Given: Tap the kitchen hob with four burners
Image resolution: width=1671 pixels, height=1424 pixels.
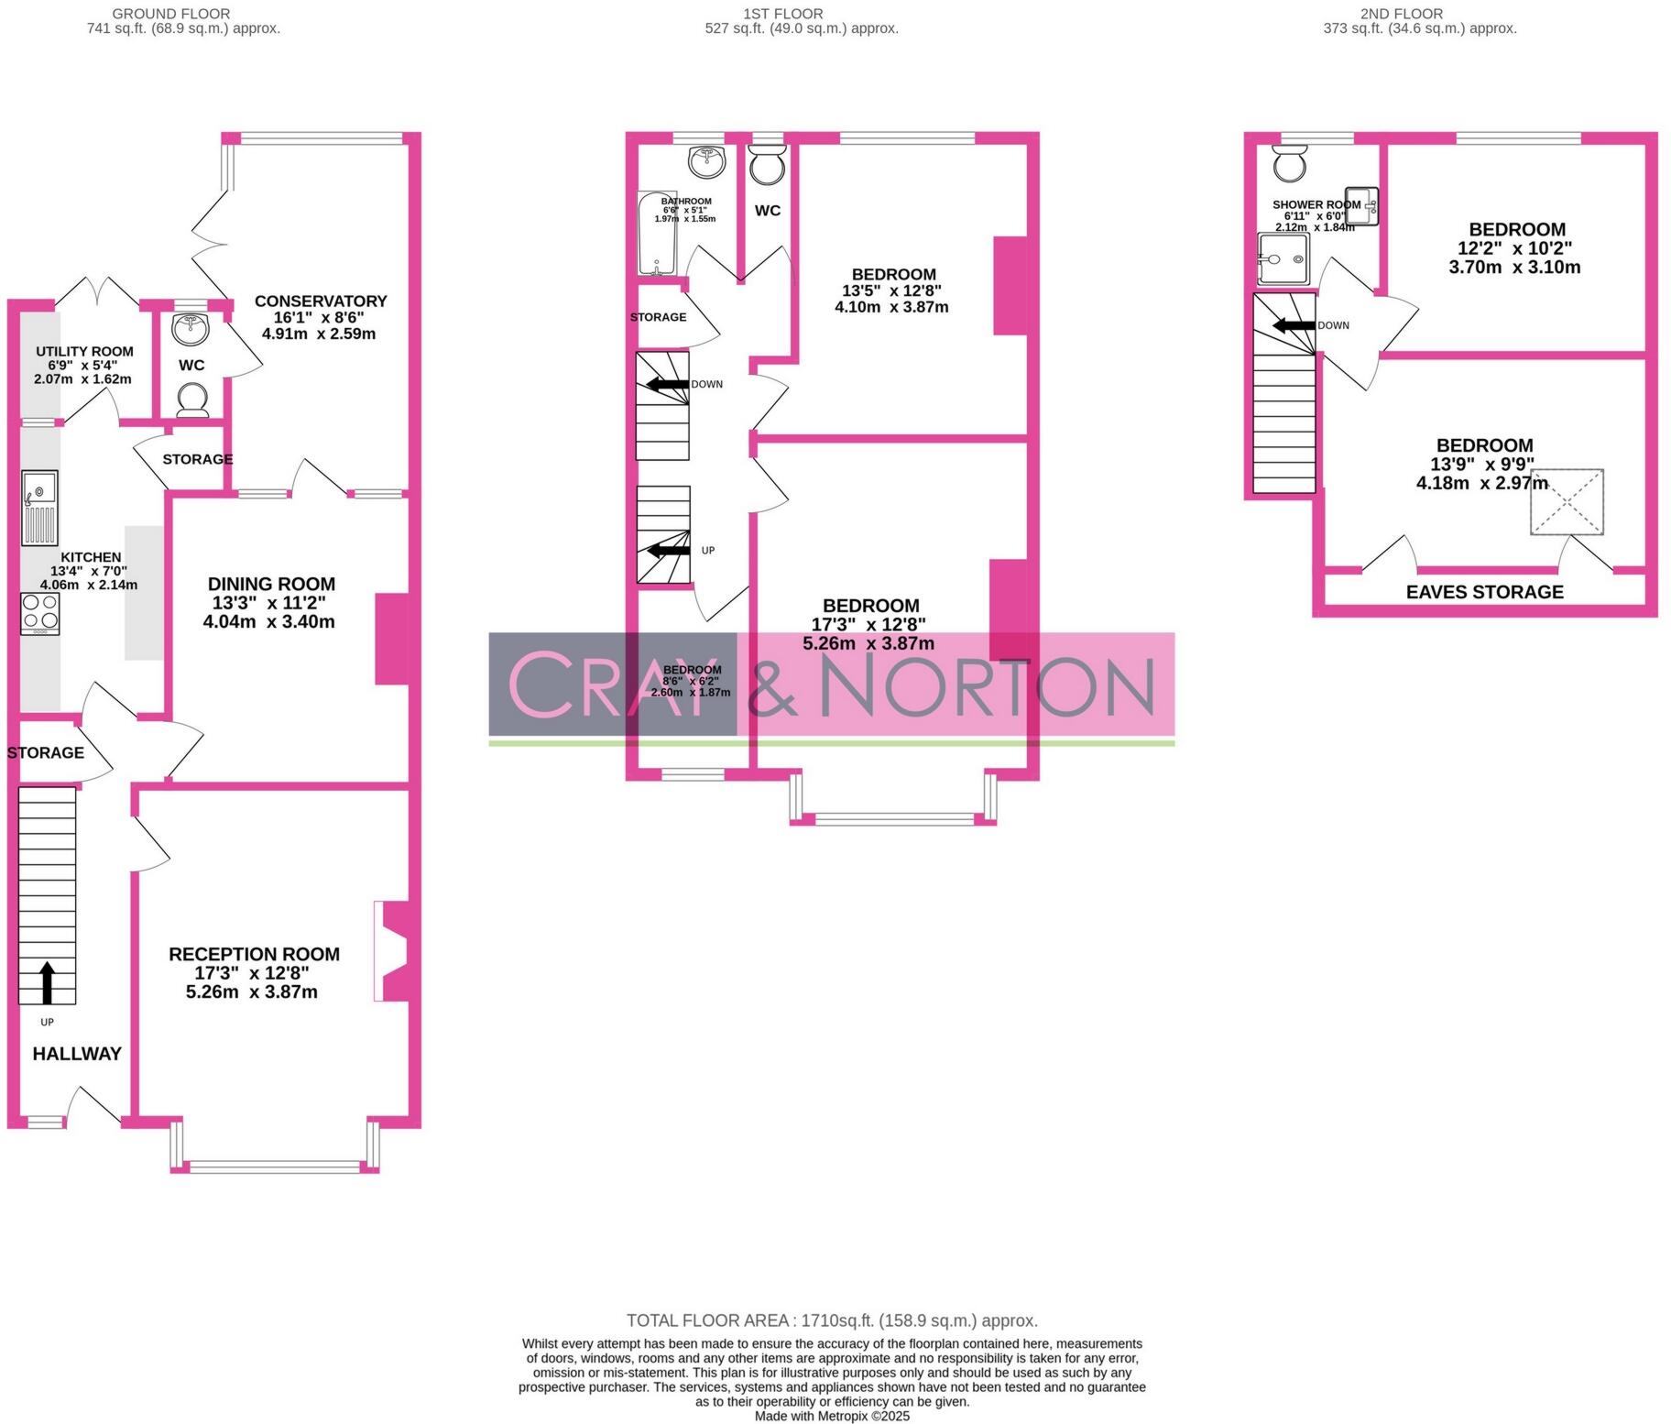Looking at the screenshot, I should coord(40,613).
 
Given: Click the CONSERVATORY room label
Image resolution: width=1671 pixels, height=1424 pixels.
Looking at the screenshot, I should coord(320,301).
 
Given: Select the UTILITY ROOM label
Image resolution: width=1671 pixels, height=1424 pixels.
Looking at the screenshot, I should coord(84,351).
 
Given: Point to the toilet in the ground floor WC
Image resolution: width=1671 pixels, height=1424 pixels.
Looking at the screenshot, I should coord(191,400).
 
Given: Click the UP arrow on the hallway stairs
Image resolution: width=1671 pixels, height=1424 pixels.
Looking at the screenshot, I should coord(47,982).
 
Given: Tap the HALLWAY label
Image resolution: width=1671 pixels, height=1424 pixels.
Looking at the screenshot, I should coord(77,1054).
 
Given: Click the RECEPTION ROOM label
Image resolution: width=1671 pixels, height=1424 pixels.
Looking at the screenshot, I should coord(254,954).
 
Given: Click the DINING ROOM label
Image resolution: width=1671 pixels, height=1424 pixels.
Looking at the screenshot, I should coord(271,584).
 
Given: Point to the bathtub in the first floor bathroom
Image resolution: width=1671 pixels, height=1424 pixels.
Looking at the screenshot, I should coord(656,235).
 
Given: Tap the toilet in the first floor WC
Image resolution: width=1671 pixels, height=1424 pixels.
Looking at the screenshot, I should coord(767,168).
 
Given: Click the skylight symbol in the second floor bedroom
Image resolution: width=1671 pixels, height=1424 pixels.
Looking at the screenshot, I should coord(1567,501).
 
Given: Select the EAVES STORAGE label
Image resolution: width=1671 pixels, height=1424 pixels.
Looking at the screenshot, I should coord(1484,592).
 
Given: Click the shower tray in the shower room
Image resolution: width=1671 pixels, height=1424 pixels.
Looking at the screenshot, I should coord(1283,259).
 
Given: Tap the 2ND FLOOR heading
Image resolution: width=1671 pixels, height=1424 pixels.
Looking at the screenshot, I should coord(1401,14).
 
